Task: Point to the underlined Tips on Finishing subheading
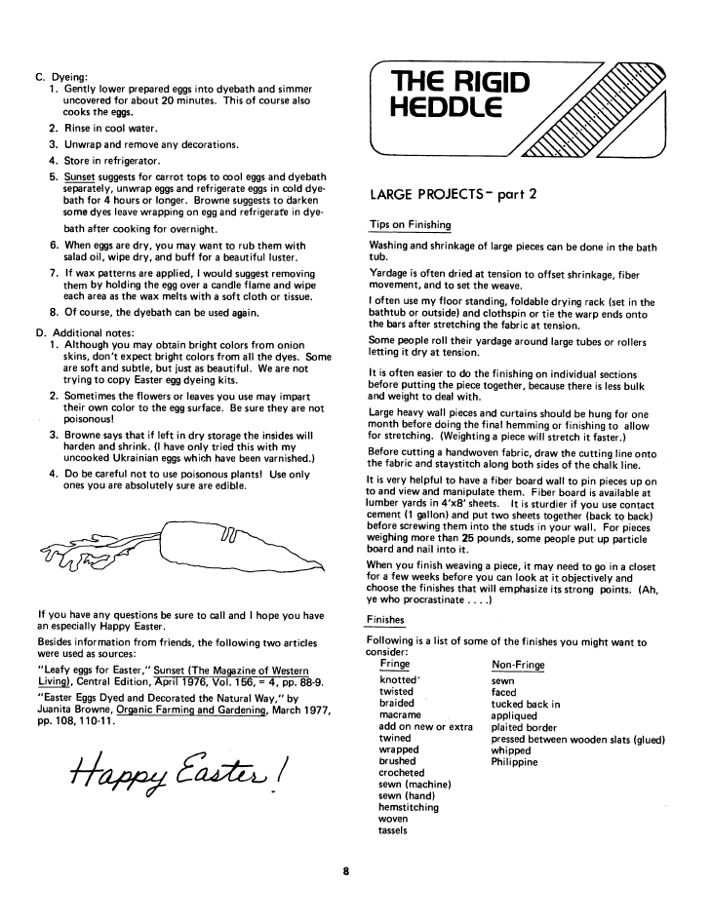[410, 225]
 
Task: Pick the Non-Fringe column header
[518, 666]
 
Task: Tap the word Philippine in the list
[514, 762]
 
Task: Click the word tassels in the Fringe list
[394, 831]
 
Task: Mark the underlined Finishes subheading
[386, 620]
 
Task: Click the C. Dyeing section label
[62, 75]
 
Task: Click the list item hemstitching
[408, 808]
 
